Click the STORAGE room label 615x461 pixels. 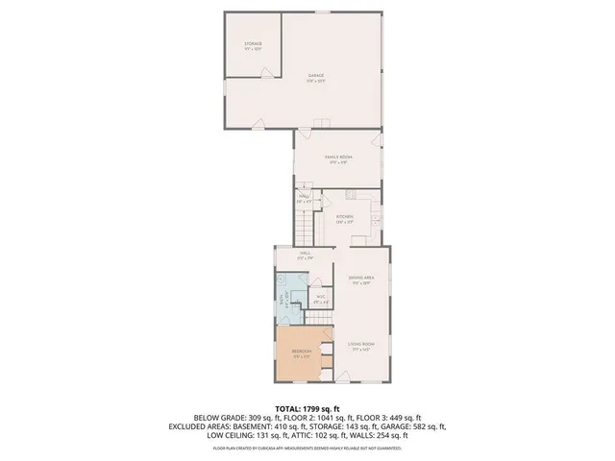coord(253,46)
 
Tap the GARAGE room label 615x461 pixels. coord(316,78)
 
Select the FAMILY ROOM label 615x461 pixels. coord(336,159)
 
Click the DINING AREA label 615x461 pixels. coord(361,280)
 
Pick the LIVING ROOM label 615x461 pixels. coord(360,345)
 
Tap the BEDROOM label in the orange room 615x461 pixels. coord(301,353)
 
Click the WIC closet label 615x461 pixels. coord(322,301)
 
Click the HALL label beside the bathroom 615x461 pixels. coord(305,256)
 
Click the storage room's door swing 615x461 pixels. coord(258,124)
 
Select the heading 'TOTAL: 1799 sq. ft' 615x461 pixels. coord(307,409)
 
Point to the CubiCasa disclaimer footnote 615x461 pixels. coord(307,447)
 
